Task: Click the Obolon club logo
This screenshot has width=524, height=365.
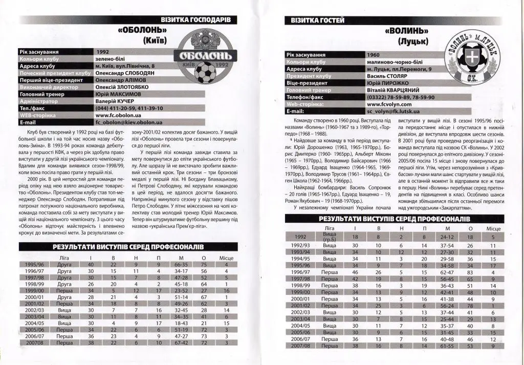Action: (x=205, y=56)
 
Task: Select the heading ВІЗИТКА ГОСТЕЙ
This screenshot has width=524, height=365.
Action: (x=317, y=20)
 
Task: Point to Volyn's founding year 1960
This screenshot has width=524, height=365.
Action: (x=374, y=54)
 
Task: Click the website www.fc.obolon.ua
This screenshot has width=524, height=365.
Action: (x=118, y=115)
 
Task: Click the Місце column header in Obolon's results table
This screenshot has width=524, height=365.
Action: (x=227, y=257)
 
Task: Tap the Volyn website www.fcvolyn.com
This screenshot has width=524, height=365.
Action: (x=390, y=103)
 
